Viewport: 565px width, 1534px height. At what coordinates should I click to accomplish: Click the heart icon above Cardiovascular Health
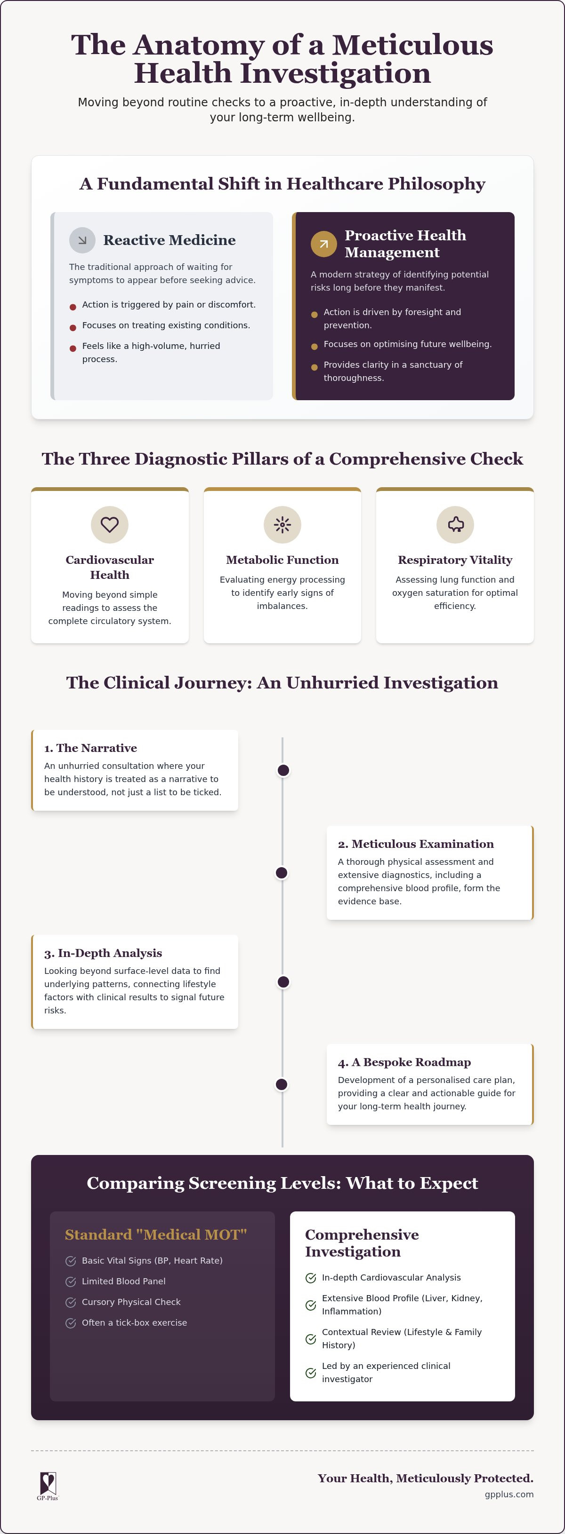110,525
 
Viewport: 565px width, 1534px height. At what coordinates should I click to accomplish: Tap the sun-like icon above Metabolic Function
282,525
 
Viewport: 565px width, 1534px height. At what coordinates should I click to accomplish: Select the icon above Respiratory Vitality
455,525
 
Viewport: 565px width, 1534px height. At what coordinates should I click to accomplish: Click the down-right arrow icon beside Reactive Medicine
82,240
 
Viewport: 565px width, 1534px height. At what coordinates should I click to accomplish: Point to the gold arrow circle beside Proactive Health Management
323,244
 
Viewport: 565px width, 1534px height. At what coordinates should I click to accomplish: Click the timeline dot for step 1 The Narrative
283,771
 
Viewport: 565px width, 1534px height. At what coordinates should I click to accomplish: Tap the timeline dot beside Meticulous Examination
282,873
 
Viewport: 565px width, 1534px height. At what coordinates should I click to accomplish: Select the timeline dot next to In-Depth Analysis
283,982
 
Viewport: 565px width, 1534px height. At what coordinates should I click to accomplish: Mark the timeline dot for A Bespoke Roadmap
282,1084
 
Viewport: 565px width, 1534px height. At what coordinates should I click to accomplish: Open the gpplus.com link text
509,1494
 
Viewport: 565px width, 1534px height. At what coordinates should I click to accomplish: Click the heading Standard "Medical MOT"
155,1234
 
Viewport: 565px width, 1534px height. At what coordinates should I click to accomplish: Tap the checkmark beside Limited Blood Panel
70,1281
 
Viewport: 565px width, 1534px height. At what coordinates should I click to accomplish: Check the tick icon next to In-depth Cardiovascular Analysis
310,1278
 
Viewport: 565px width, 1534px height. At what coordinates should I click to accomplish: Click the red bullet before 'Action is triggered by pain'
73,307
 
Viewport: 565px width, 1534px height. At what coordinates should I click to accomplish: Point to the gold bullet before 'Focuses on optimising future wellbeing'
314,347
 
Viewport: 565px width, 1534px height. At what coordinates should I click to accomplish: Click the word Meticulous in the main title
412,45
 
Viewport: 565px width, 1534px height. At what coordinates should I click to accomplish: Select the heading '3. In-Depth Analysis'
103,953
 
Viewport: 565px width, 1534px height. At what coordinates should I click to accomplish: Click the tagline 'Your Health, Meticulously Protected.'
426,1478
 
